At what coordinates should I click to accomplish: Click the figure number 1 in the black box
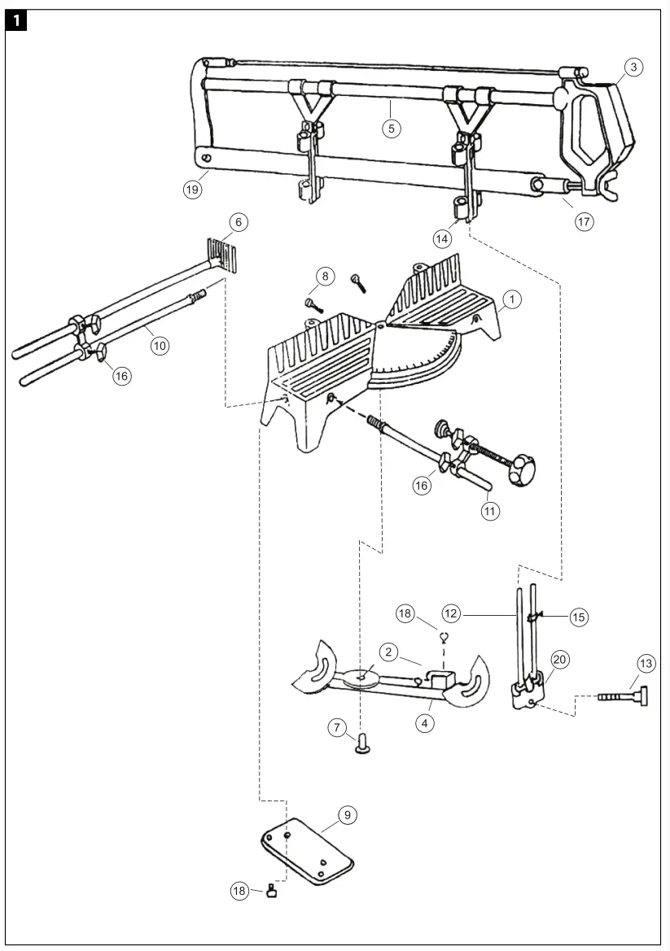[18, 21]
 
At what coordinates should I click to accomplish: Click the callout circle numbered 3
[634, 68]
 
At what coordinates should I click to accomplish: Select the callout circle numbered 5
[392, 128]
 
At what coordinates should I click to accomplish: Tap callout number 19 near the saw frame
[192, 190]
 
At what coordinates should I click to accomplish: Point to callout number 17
[585, 221]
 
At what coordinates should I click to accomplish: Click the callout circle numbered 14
[442, 238]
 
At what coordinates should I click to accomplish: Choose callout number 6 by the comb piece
[238, 222]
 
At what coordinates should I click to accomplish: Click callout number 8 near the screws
[325, 277]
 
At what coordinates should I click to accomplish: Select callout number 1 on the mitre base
[510, 299]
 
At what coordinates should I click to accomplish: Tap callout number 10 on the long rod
[160, 346]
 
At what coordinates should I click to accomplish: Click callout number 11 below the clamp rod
[490, 511]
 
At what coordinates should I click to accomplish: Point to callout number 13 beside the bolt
[646, 665]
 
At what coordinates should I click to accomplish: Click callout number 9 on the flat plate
[348, 814]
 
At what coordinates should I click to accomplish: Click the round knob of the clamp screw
[519, 469]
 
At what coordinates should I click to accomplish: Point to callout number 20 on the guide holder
[559, 659]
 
